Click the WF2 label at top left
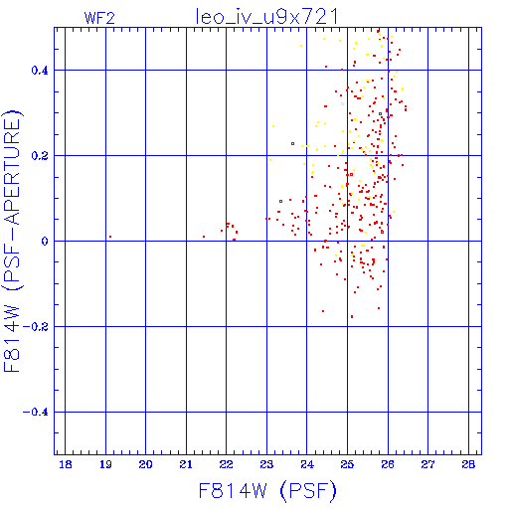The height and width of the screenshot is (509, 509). click(x=99, y=18)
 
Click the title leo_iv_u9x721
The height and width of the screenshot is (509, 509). click(x=266, y=16)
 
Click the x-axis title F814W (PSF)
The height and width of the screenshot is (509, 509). click(x=267, y=490)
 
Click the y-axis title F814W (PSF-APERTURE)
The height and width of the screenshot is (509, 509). click(x=12, y=241)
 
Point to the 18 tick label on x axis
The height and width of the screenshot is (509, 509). click(x=66, y=464)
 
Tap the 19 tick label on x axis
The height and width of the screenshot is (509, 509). click(x=105, y=464)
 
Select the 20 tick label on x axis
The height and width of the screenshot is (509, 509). click(x=146, y=464)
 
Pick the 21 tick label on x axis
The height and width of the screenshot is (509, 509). click(x=186, y=464)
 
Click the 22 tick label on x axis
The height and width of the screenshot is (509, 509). click(x=227, y=464)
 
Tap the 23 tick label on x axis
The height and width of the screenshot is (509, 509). click(x=266, y=464)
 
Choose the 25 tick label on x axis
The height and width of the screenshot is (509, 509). click(x=347, y=464)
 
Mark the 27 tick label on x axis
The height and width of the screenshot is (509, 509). click(x=427, y=464)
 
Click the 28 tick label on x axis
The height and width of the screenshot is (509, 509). click(x=468, y=464)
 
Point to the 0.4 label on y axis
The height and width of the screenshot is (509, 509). click(x=40, y=71)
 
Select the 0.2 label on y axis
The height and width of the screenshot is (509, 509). click(x=40, y=156)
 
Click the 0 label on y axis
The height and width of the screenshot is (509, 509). click(x=45, y=241)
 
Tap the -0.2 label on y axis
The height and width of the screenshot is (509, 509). click(x=36, y=327)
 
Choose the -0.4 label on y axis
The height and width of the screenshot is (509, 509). click(x=36, y=413)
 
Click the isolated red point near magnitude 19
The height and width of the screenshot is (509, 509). click(x=110, y=237)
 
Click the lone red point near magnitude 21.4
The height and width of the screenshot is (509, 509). click(x=204, y=237)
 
